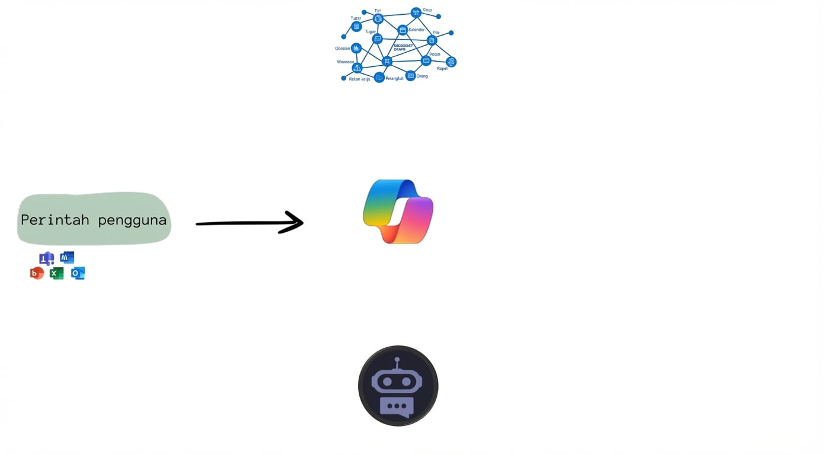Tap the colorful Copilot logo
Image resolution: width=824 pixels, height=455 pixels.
coord(398,212)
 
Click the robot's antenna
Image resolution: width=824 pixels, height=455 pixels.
coord(397,361)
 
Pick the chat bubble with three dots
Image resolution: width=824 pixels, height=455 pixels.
coord(397,406)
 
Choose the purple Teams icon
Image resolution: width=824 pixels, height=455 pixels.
coord(46,258)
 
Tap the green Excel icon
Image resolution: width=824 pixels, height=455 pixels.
coord(57,273)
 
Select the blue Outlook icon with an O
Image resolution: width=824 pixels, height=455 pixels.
coord(78,273)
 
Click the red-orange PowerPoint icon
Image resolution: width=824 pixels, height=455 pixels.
coord(37,273)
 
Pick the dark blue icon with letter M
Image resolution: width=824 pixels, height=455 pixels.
coord(67,257)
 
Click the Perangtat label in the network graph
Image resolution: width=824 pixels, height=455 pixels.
coord(394,78)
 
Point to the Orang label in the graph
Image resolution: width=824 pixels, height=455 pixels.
coord(422,76)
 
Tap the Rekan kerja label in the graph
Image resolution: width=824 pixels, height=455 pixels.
coord(359,79)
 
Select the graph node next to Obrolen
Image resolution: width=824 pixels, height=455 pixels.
coord(356,49)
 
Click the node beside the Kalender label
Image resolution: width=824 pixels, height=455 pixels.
coord(403,30)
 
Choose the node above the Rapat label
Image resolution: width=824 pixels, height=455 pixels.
coord(451,62)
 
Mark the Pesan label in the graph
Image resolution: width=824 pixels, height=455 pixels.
coord(434,54)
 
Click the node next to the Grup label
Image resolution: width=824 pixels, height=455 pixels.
coord(416,12)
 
